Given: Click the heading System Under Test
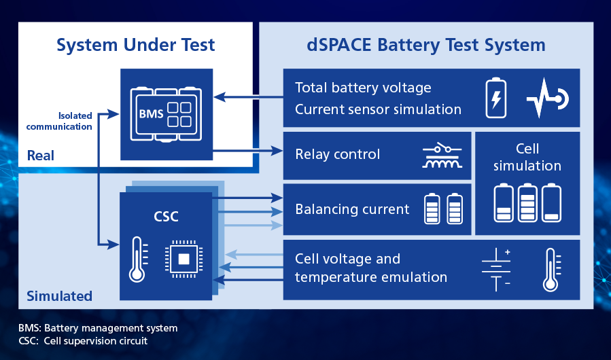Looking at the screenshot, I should tap(135, 46).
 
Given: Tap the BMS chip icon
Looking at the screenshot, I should tap(167, 113).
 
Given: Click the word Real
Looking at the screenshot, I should tap(41, 156).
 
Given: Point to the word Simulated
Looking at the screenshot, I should tap(59, 296).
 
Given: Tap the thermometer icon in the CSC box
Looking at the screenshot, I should tap(138, 259).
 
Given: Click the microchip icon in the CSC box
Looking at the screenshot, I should tap(184, 259).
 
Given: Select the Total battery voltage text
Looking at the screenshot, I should tap(363, 88).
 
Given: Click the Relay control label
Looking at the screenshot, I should tap(338, 154).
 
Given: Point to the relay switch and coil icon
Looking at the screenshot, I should tap(440, 156).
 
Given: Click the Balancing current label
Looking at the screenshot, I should tap(352, 209).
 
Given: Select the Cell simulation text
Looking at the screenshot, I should tap(527, 157).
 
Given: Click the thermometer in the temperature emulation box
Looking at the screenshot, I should tap(553, 269).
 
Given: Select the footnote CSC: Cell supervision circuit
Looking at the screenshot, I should tap(83, 340).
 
